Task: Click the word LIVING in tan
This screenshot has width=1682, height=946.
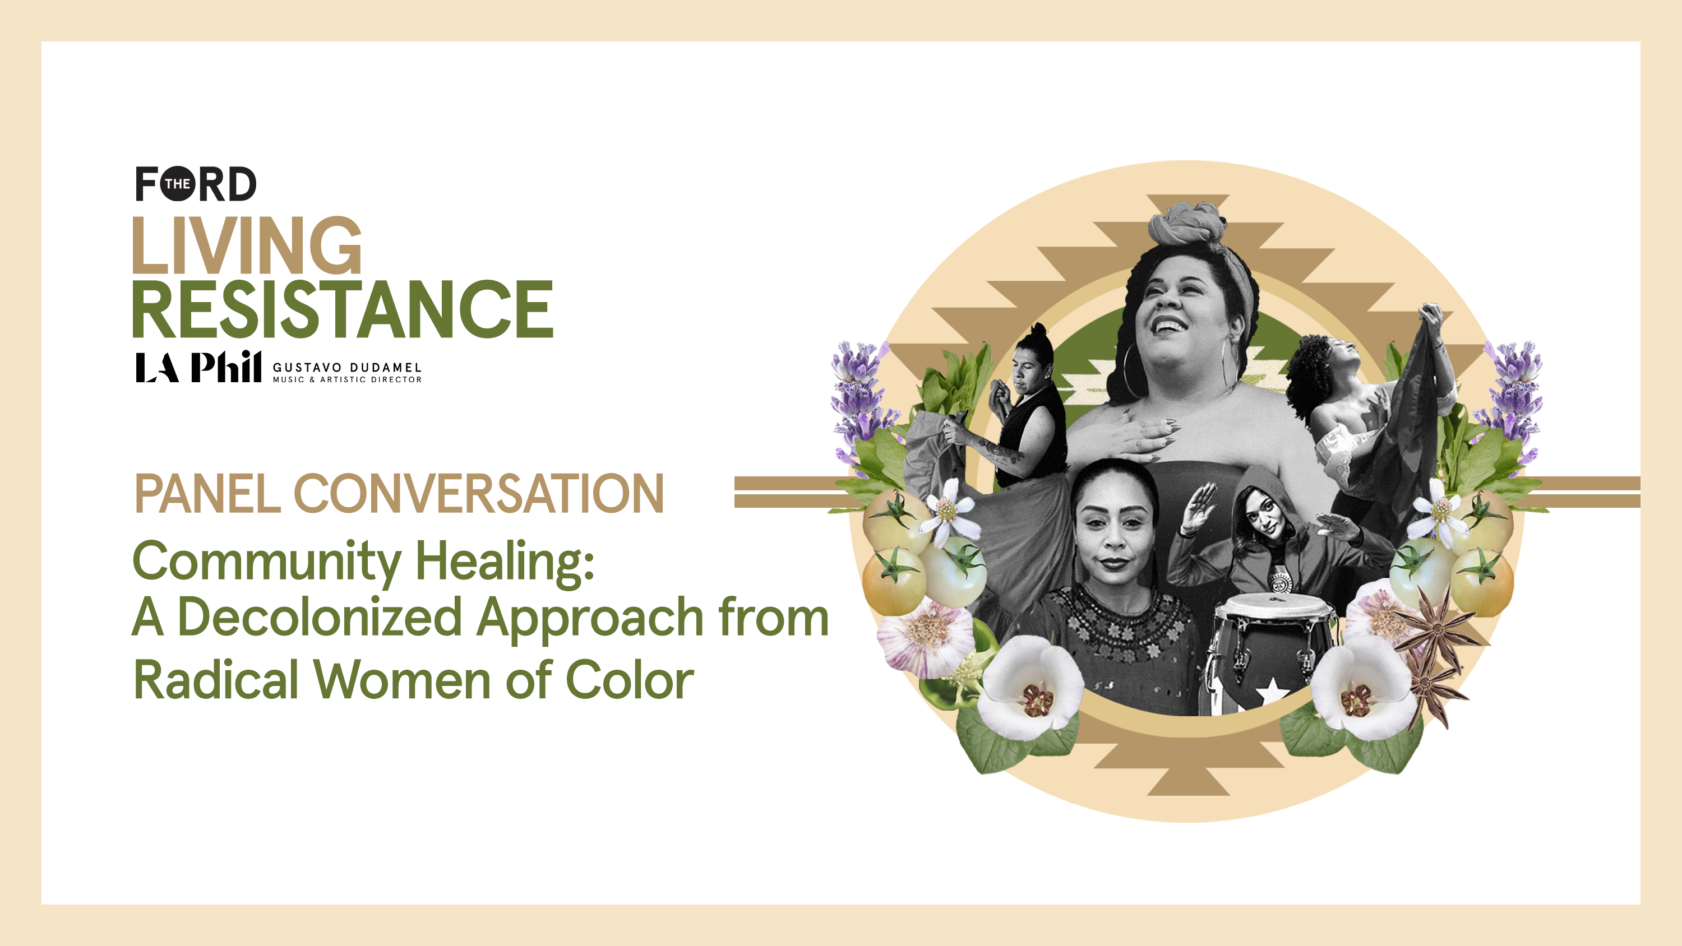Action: pos(247,245)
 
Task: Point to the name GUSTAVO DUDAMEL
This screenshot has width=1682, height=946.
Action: pos(348,368)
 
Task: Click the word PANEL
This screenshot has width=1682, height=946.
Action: pos(207,494)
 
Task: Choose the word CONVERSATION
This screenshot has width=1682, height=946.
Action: pos(479,494)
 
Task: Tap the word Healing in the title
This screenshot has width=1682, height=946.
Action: pos(505,562)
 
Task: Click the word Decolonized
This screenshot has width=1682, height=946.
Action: pos(320,617)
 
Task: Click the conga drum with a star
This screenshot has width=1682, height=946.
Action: pos(1270,653)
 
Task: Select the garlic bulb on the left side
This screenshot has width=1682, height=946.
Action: pos(926,636)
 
